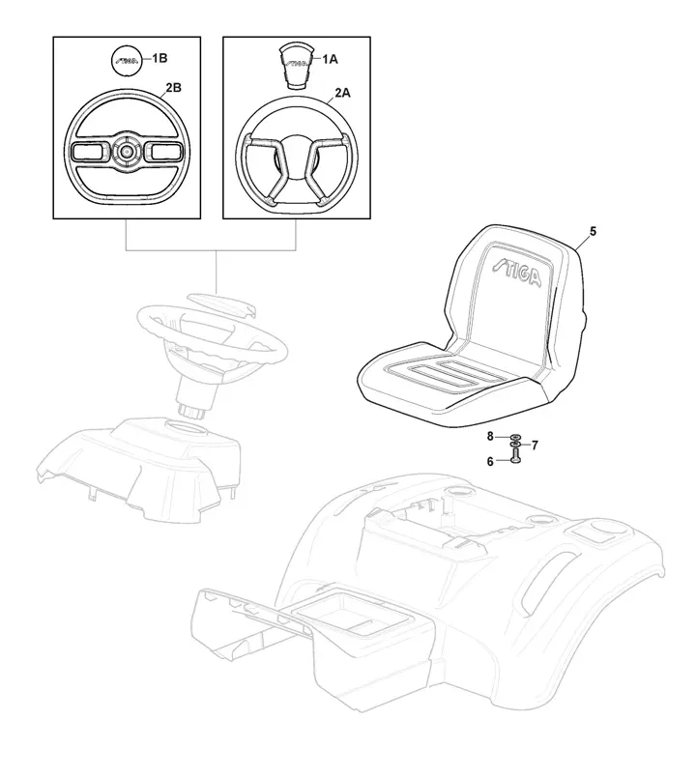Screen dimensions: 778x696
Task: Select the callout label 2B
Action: (x=174, y=88)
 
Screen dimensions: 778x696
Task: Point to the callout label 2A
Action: (x=342, y=94)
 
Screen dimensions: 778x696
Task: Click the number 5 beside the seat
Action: (x=593, y=231)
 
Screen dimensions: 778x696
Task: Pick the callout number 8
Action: (x=490, y=438)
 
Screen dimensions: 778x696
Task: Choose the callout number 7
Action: (x=535, y=445)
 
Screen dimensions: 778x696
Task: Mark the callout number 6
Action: (x=490, y=462)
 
